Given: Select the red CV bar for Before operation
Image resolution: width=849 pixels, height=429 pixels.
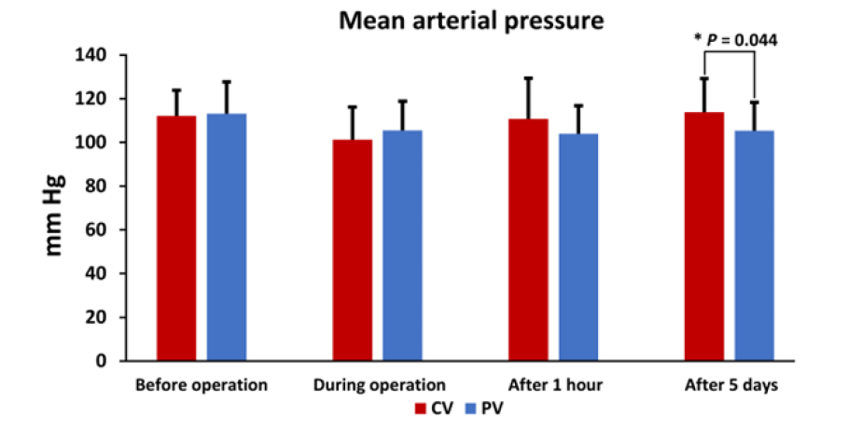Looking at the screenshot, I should pyautogui.click(x=176, y=238).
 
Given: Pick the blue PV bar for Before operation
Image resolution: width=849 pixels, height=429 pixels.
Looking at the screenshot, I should pyautogui.click(x=227, y=237).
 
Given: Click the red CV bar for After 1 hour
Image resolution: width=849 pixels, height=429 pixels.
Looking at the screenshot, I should pyautogui.click(x=528, y=240).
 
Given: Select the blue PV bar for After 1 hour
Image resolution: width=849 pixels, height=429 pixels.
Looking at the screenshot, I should pyautogui.click(x=578, y=247).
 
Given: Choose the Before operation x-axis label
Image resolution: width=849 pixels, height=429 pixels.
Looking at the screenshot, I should pyautogui.click(x=202, y=384).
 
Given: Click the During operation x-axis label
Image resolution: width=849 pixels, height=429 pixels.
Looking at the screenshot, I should pyautogui.click(x=379, y=384).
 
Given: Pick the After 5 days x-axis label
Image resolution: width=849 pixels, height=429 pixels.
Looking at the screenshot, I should pyautogui.click(x=731, y=384).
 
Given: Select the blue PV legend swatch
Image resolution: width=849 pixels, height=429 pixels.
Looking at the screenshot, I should pyautogui.click(x=471, y=408).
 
